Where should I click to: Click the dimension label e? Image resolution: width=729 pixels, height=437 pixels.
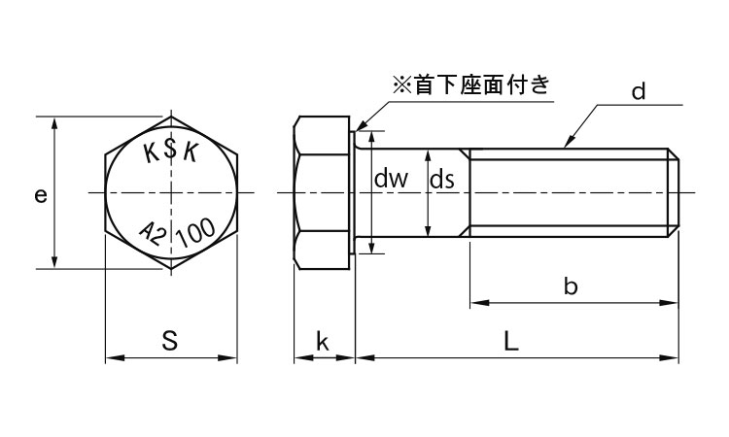40,195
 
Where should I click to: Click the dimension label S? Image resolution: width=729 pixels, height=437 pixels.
169,341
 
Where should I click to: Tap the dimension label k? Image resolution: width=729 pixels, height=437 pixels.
323,341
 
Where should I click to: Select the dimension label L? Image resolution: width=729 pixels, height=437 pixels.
511,341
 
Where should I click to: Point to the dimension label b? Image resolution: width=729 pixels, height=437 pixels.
571,286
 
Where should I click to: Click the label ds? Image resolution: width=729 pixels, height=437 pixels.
443,179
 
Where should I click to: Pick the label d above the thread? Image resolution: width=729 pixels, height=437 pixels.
639,93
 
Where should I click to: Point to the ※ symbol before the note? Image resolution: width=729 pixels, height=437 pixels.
401,85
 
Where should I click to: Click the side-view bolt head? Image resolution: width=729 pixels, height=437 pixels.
322,193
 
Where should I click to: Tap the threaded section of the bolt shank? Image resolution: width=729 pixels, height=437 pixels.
569,193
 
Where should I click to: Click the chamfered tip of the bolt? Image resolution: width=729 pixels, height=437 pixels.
674,193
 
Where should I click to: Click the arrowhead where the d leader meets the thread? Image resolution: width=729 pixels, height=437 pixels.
565,145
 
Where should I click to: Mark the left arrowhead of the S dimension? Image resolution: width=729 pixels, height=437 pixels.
110,359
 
